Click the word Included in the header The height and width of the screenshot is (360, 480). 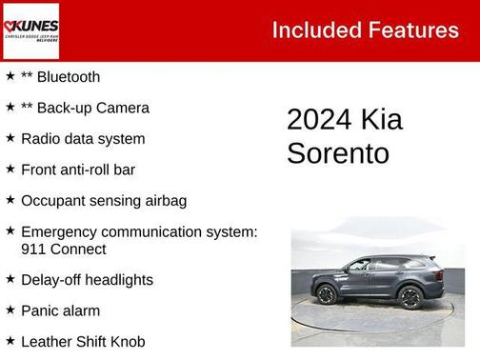312,30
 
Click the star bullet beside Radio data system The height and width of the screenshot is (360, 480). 10,138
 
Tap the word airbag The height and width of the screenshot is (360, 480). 163,201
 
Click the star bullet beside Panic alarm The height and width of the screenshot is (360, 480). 10,310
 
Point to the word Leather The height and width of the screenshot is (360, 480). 46,341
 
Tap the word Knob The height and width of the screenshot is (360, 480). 126,341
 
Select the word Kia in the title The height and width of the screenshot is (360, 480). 382,119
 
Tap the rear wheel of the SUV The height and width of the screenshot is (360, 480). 411,296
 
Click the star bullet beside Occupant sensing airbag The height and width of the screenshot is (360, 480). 10,201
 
